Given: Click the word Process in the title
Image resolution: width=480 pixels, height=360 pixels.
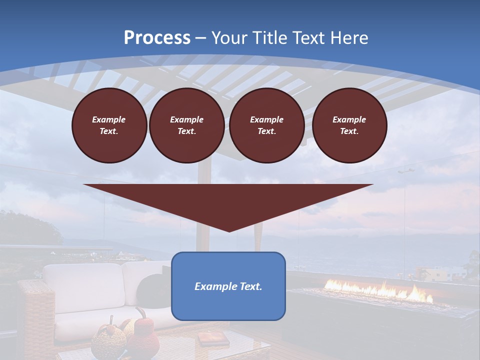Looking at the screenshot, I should pyautogui.click(x=157, y=38).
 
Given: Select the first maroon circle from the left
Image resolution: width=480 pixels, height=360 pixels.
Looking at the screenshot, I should pyautogui.click(x=109, y=125).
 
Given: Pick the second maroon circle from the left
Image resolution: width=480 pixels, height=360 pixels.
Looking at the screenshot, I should pyautogui.click(x=186, y=125).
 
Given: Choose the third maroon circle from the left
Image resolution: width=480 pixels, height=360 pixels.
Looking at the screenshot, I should pyautogui.click(x=266, y=125).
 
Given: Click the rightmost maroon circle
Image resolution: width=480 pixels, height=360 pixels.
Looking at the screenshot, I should pyautogui.click(x=349, y=125).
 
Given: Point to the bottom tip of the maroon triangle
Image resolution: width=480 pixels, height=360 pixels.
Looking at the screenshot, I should pyautogui.click(x=229, y=231).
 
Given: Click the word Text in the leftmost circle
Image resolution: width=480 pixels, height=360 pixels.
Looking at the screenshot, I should pyautogui.click(x=109, y=131).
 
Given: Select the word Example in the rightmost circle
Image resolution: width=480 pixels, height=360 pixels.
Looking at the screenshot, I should pyautogui.click(x=349, y=119).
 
